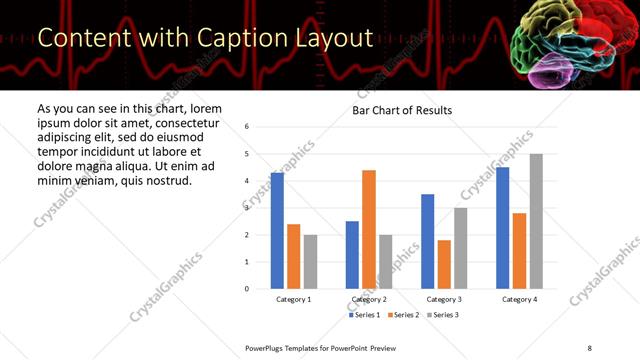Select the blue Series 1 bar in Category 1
point(277,231)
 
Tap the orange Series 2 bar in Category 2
point(369,229)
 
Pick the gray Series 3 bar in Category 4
point(536,221)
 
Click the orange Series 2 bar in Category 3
point(444,264)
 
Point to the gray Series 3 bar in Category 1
point(310,262)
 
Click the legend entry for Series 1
point(367,315)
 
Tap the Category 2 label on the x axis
point(369,299)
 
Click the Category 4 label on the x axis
point(519,299)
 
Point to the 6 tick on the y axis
point(247,127)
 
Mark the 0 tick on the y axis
point(247,289)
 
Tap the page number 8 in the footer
point(589,347)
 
